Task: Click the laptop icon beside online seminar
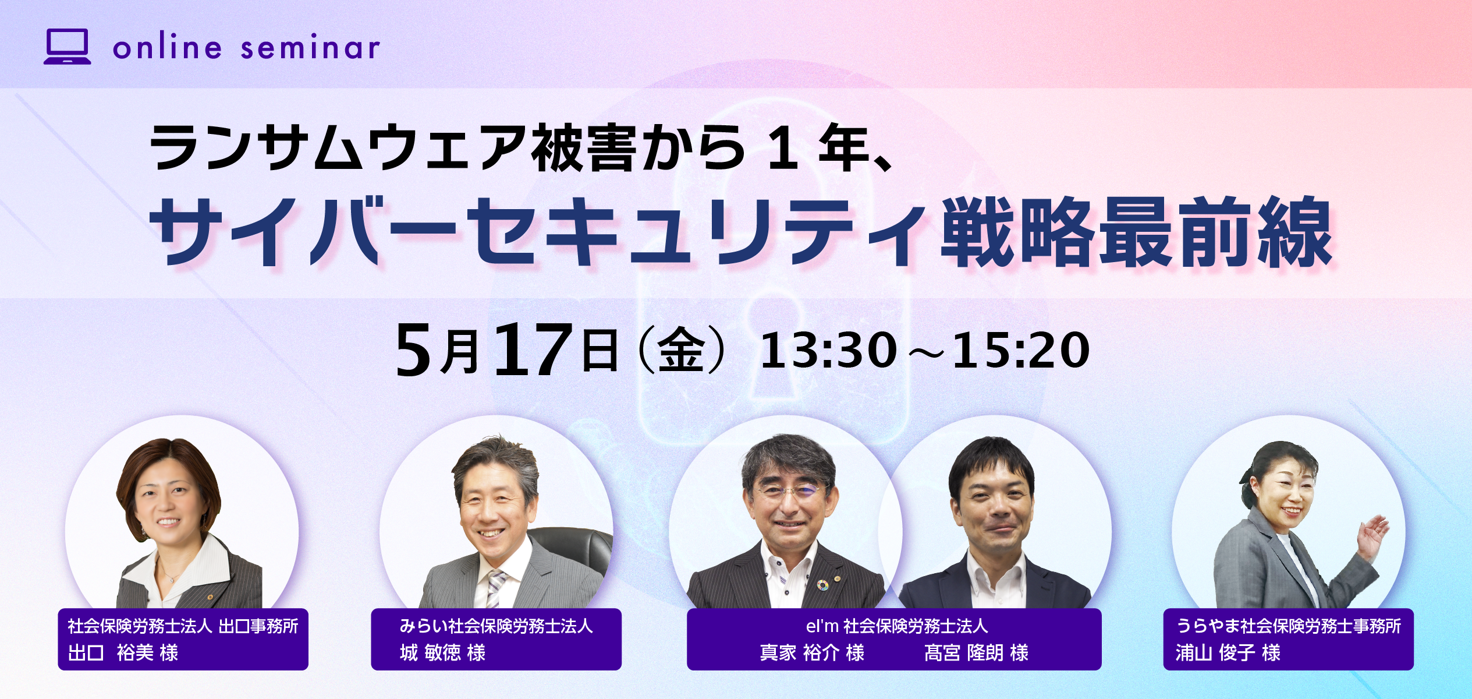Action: (x=68, y=47)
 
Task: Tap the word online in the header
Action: (x=167, y=47)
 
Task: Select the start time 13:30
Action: (x=828, y=351)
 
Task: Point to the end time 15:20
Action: (x=1021, y=351)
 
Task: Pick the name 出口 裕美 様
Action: (x=123, y=652)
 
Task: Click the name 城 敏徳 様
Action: (x=442, y=652)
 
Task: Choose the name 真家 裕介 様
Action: (x=812, y=652)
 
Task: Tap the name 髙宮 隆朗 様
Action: (x=976, y=652)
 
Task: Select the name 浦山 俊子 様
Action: (x=1228, y=652)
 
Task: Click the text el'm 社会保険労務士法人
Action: (x=897, y=626)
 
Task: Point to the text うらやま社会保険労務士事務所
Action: (x=1289, y=626)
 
